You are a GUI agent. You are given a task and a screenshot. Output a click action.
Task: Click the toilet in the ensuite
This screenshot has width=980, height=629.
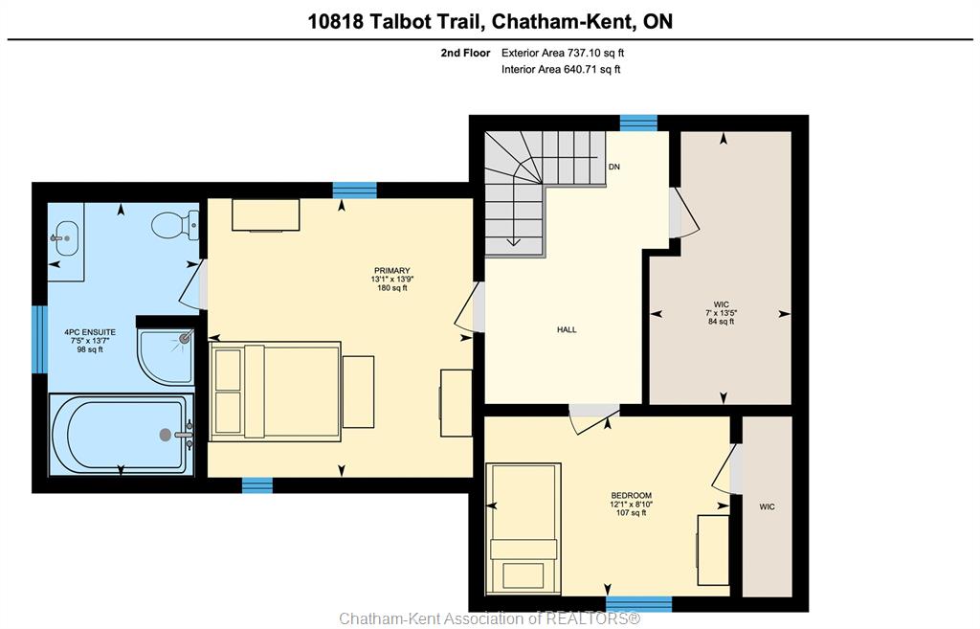tap(174, 225)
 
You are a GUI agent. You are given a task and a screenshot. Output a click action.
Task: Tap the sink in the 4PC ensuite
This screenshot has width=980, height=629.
tap(64, 238)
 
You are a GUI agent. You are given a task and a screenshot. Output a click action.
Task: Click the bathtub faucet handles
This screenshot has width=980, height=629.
tap(186, 435)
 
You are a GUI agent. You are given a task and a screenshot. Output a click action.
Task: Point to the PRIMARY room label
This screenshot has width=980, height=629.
tap(391, 271)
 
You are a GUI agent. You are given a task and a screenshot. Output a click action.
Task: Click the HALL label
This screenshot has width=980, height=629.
tap(567, 329)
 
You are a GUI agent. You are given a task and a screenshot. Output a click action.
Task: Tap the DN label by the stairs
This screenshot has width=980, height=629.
tap(614, 167)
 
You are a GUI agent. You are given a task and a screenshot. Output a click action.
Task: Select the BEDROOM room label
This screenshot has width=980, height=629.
tap(632, 495)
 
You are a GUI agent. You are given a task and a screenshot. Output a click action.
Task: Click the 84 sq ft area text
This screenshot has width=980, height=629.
tap(722, 322)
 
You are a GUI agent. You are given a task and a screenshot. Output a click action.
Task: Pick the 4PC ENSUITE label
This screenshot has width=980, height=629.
tap(90, 332)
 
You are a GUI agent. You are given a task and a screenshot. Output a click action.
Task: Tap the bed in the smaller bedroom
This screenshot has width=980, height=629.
tap(523, 529)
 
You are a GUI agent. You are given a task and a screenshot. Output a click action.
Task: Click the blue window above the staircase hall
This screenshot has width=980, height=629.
tap(638, 124)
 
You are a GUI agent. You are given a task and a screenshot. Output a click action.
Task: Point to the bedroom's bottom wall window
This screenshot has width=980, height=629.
tap(638, 604)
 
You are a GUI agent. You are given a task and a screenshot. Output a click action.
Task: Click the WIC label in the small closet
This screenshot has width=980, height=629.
tap(767, 506)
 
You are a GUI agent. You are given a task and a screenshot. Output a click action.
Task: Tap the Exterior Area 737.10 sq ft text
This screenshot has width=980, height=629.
tap(563, 54)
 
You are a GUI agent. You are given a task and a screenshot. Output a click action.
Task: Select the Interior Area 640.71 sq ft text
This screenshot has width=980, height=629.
tap(561, 69)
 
